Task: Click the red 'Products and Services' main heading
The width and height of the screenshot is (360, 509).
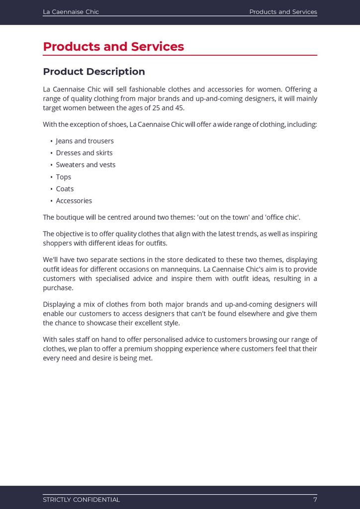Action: click(x=113, y=47)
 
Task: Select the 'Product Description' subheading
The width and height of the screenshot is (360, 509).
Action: click(x=94, y=72)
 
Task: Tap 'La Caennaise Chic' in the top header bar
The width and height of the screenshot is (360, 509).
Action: click(x=71, y=12)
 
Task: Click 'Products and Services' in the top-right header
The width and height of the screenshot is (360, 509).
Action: click(x=283, y=12)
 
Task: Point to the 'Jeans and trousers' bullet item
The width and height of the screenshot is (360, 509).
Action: click(x=85, y=141)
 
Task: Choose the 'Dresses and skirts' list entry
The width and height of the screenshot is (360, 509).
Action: click(x=84, y=153)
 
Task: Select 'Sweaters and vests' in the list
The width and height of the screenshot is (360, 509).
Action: click(x=86, y=165)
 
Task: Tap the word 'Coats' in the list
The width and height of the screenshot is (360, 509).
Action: click(x=65, y=189)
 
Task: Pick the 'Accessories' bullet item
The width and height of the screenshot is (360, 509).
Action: click(x=74, y=201)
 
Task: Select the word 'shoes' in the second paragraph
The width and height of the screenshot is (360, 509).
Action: click(x=116, y=124)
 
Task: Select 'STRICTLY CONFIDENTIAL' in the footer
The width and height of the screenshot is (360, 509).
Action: click(x=81, y=500)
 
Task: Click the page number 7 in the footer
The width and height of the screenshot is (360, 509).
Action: click(x=315, y=500)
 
